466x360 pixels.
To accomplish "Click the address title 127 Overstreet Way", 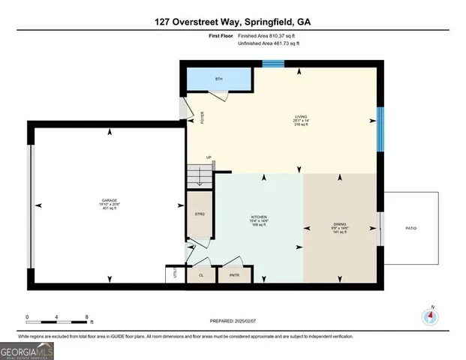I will click(233, 22).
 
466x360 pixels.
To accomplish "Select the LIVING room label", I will click(300, 118).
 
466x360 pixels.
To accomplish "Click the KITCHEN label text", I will click(259, 217).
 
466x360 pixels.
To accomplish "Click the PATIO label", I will click(410, 228).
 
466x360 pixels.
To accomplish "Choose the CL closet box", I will click(201, 275).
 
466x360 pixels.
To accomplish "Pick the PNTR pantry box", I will click(233, 275).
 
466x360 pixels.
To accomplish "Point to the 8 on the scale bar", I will click(87, 316).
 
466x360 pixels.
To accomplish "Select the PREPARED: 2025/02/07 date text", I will click(233, 320).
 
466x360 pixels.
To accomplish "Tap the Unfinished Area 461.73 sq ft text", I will click(268, 44).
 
